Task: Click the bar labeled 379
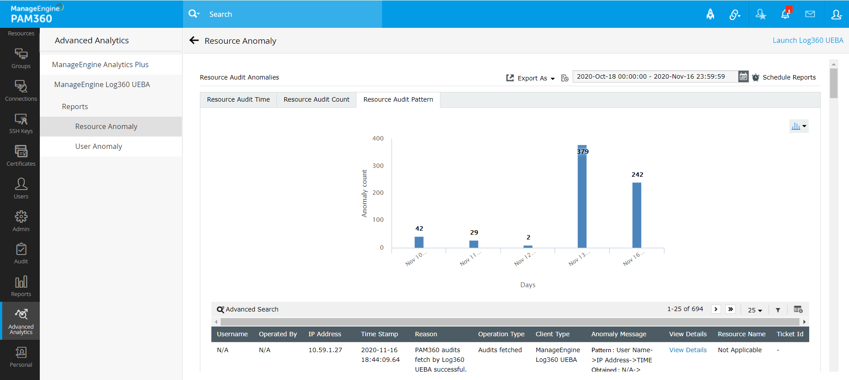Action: point(582,197)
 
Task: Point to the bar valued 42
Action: point(419,242)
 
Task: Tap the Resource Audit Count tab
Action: point(316,99)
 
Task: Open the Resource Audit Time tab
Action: point(238,99)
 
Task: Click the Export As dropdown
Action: point(531,78)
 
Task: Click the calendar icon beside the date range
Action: point(743,76)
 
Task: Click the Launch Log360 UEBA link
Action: point(807,40)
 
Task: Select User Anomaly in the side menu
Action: point(99,146)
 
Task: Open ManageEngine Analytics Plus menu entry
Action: point(100,65)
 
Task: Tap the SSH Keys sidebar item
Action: point(21,123)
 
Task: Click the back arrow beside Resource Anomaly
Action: point(194,41)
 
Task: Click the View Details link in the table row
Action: point(688,350)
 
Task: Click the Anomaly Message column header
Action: point(618,334)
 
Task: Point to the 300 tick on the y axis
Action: point(378,166)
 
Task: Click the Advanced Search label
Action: point(252,309)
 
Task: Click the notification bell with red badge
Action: point(785,14)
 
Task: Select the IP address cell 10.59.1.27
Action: point(325,350)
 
